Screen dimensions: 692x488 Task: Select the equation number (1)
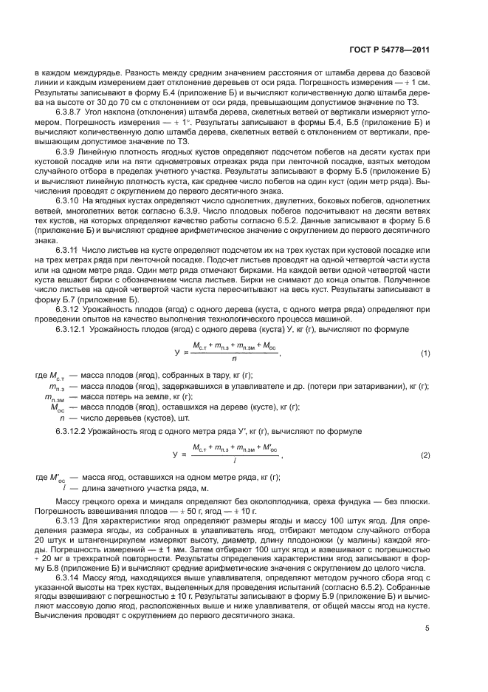click(x=425, y=353)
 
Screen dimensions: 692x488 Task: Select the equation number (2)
click(x=425, y=455)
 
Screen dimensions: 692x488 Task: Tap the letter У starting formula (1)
click(x=176, y=353)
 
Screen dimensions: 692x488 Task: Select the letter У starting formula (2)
click(x=176, y=455)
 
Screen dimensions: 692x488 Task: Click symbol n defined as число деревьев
click(x=61, y=416)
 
